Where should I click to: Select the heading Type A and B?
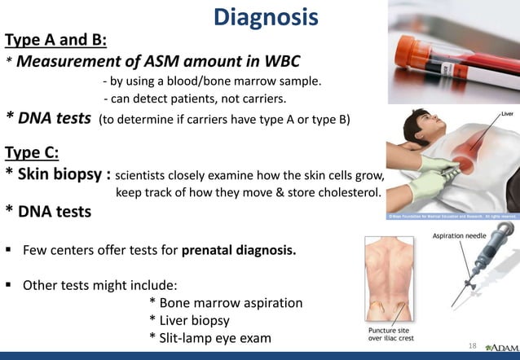pos(55,39)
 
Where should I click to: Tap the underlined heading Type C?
pos(37,152)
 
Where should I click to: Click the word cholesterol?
pos(342,193)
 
